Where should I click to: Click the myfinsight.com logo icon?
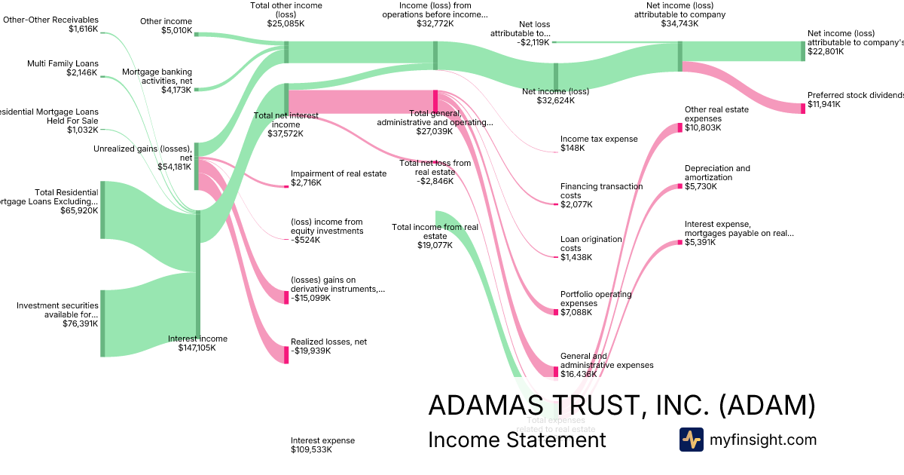point(691,440)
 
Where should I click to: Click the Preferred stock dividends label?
point(855,100)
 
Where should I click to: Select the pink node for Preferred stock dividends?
point(803,109)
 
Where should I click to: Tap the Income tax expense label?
point(599,143)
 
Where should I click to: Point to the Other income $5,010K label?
point(166,26)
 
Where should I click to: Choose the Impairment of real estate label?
point(338,178)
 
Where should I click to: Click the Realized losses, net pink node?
point(286,354)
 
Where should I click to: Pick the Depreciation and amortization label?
point(717,177)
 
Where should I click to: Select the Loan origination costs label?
point(591,248)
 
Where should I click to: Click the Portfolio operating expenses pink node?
point(556,311)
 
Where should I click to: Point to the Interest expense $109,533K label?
point(322,445)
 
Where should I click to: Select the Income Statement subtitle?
point(517,440)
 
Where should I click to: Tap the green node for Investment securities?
point(102,323)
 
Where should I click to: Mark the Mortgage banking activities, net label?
point(157,81)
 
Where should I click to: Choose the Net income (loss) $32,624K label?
point(555,96)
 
